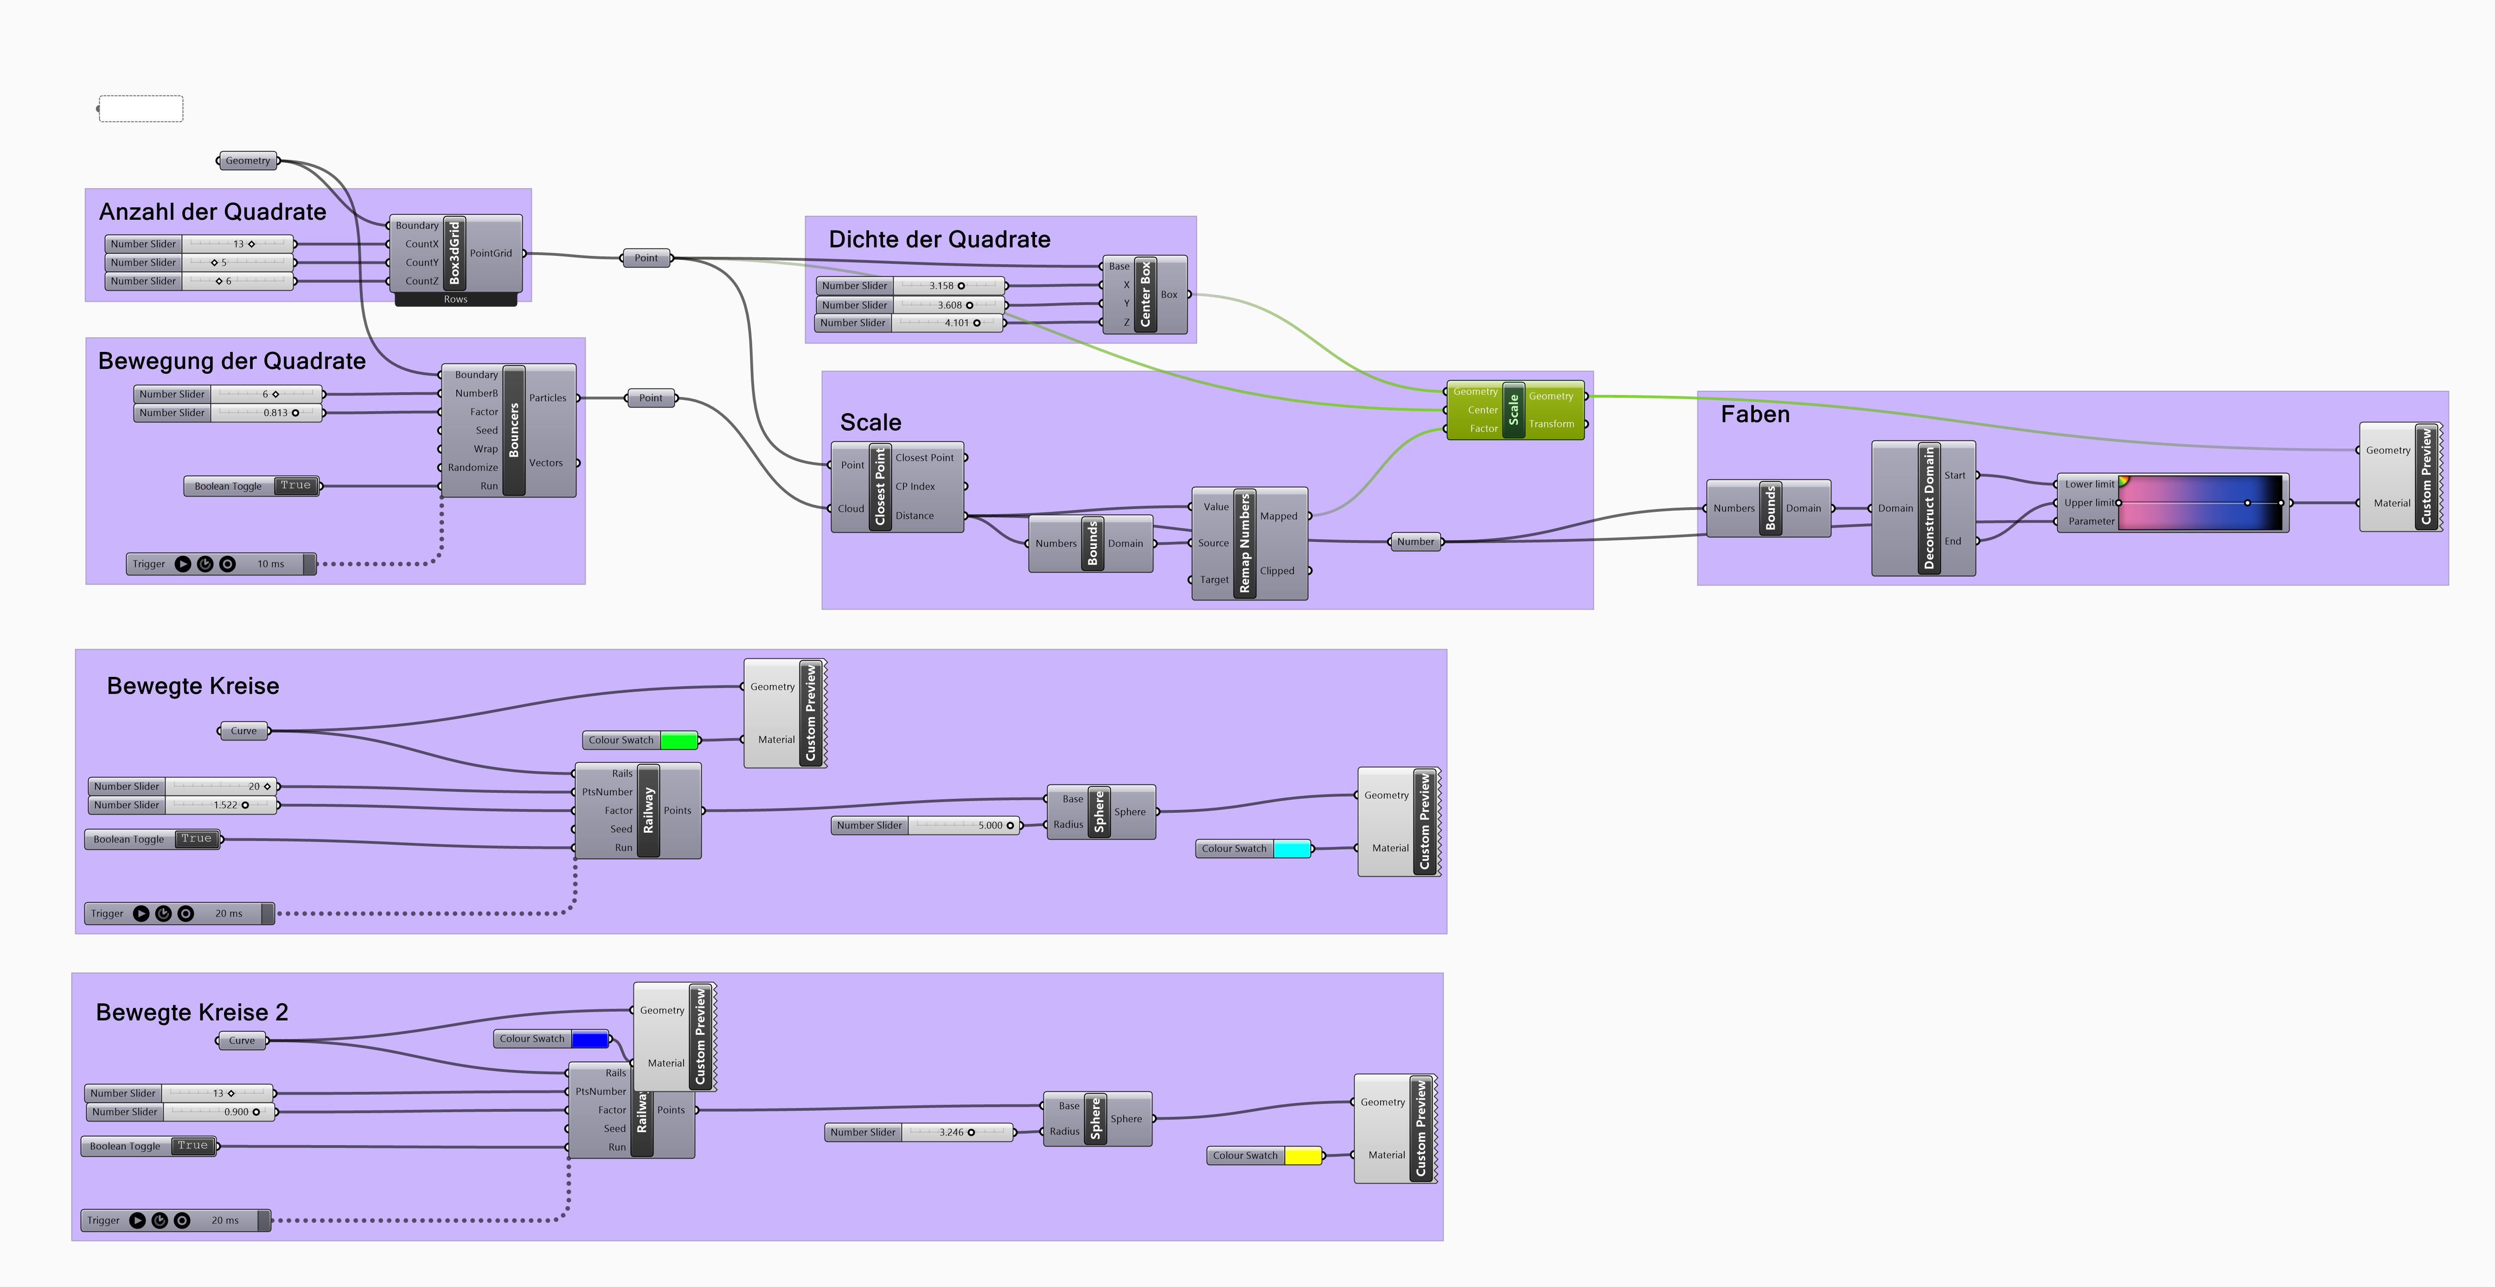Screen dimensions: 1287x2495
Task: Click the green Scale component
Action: tap(1514, 410)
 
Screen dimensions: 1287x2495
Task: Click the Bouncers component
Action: tap(513, 430)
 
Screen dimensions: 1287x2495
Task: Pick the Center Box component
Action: tap(1145, 294)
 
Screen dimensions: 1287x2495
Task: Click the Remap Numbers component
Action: tap(1246, 543)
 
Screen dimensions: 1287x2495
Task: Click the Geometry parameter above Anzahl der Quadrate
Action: tap(248, 161)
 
